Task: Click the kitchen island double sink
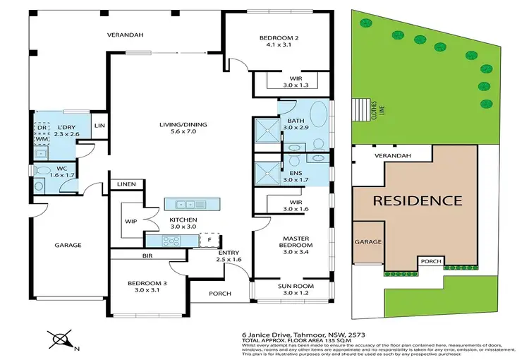pos(186,205)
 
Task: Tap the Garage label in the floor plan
pos(68,245)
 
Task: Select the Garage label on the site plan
pos(368,241)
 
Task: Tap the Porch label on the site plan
pos(430,261)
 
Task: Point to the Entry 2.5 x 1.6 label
pos(230,257)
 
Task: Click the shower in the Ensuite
pos(266,171)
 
